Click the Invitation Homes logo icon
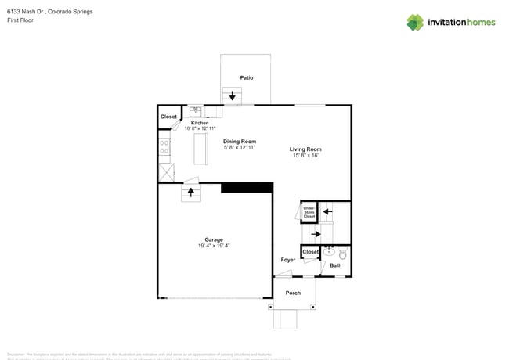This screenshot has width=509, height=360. click(x=415, y=22)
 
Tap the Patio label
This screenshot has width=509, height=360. click(x=247, y=77)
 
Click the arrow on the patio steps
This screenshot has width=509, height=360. click(x=232, y=97)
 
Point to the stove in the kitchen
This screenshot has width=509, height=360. click(x=165, y=146)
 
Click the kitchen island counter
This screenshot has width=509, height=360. click(x=201, y=149)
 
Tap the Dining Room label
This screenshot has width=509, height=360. click(x=240, y=142)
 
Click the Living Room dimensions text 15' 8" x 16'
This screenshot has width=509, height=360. click(x=305, y=156)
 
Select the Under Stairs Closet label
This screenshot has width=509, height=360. click(x=309, y=211)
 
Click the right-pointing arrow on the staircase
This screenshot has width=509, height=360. click(x=316, y=233)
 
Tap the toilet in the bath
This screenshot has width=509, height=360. click(x=342, y=253)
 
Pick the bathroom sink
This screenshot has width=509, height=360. click(x=330, y=251)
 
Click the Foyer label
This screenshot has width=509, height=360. click(x=288, y=259)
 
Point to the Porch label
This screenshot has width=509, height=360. click(x=293, y=293)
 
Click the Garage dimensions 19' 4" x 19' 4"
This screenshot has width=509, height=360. click(x=214, y=246)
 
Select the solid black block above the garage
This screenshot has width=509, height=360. click(x=247, y=187)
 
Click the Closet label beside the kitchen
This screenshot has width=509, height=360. click(x=168, y=117)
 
